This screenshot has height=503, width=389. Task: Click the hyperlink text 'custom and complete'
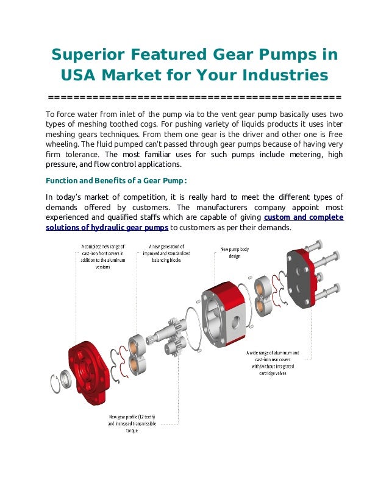pos(302,217)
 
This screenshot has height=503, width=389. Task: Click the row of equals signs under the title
pos(194,97)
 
